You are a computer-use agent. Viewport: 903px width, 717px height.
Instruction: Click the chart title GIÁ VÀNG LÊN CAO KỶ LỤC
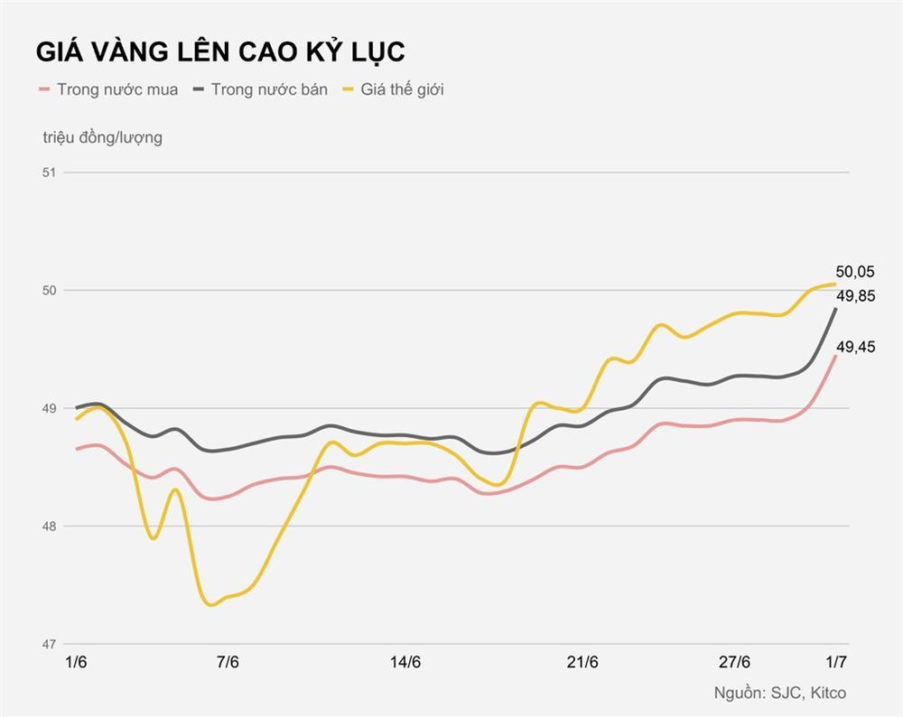[x=220, y=51]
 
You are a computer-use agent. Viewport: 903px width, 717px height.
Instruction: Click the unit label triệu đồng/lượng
[x=102, y=137]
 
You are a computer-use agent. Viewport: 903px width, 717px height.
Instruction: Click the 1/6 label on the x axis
[x=77, y=663]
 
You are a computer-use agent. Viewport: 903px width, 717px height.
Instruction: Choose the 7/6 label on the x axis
[x=228, y=663]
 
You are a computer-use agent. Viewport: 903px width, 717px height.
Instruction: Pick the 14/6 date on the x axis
[x=405, y=663]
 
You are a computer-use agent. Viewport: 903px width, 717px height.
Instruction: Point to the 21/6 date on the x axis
[x=582, y=663]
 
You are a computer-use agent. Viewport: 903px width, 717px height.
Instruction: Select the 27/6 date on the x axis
[x=733, y=663]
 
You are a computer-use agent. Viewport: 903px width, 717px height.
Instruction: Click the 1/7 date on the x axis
[x=836, y=663]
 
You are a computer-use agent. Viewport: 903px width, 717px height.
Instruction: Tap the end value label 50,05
[x=855, y=272]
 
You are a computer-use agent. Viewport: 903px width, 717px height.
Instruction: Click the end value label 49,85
[x=855, y=296]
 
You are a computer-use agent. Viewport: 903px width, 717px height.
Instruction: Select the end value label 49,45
[x=855, y=347]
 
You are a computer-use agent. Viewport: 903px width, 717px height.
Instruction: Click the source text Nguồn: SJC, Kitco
[x=780, y=694]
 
